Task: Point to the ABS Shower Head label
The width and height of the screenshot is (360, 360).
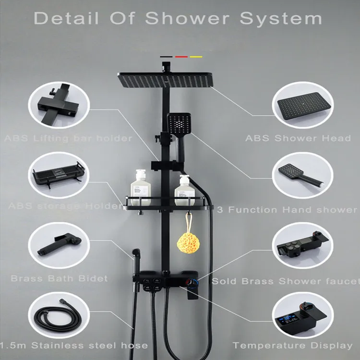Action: point(298,138)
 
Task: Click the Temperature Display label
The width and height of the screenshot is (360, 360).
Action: point(293,345)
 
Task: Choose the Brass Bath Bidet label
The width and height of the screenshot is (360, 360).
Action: point(59,278)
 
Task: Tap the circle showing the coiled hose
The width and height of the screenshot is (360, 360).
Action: point(53,317)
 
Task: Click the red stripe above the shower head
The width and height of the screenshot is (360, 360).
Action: point(180,57)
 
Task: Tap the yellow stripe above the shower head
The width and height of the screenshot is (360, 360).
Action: point(196,57)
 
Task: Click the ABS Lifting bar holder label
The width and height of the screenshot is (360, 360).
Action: point(68,138)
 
